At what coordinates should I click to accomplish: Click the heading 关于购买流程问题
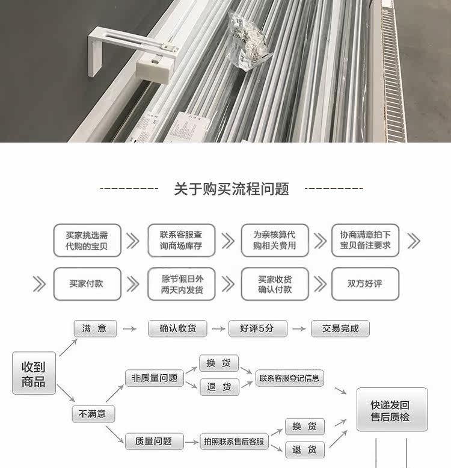(x=232, y=189)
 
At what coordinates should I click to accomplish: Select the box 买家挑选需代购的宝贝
(x=87, y=241)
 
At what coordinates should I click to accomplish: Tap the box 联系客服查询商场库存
(x=181, y=241)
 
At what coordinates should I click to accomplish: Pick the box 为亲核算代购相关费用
(x=274, y=241)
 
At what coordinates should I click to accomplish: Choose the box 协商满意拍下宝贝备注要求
(x=365, y=241)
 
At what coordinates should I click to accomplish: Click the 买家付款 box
(x=87, y=283)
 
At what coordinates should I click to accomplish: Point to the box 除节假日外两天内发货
(x=181, y=283)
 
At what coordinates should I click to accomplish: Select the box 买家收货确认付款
(x=274, y=283)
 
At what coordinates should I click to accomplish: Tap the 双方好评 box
(x=365, y=283)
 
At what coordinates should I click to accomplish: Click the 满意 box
(x=95, y=328)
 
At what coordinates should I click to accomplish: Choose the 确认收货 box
(x=177, y=328)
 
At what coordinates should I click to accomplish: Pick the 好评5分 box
(x=256, y=328)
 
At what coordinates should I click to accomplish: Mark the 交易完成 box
(x=340, y=328)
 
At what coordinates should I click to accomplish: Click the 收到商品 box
(x=34, y=373)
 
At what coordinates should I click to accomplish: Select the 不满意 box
(x=93, y=413)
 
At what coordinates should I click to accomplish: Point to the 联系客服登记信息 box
(x=289, y=378)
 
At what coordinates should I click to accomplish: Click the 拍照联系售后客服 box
(x=234, y=442)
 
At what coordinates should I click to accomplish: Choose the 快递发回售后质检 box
(x=391, y=410)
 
